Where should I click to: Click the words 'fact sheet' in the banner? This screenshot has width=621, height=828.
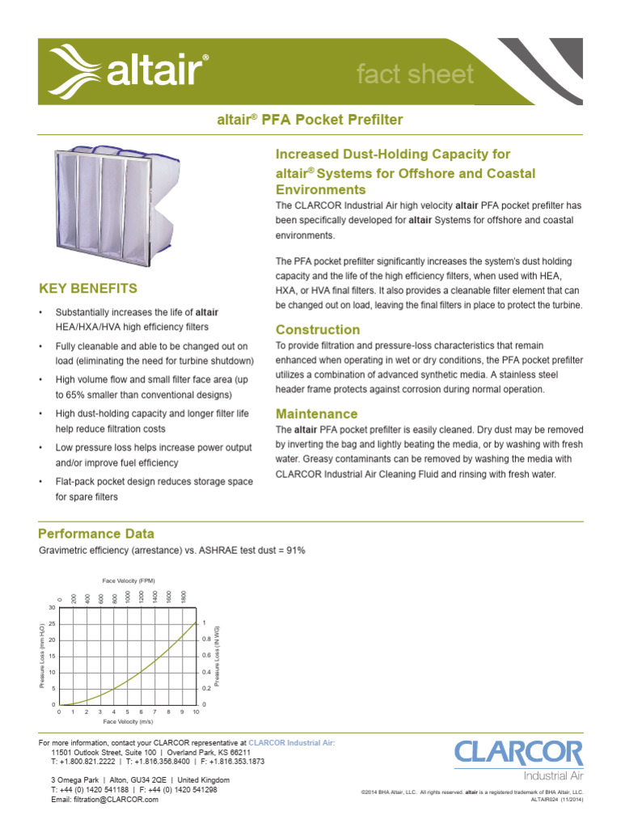tap(415, 74)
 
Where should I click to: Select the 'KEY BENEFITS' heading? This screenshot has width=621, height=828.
tap(88, 288)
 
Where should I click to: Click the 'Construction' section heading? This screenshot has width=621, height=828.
tap(318, 330)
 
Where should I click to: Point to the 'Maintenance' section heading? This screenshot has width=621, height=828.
tap(317, 413)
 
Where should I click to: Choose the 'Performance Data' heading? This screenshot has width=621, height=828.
tap(96, 534)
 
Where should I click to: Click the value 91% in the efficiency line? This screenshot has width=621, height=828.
tap(294, 551)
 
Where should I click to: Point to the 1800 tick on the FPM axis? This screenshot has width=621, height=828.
tap(184, 596)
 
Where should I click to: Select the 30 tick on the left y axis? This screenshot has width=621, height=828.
tap(52, 607)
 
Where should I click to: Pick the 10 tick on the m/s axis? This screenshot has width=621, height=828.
tap(196, 712)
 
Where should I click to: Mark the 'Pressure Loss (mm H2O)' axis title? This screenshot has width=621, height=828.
tap(42, 656)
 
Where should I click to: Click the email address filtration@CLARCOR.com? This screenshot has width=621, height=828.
tap(104, 799)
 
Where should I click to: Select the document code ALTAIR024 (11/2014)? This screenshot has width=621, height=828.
tap(556, 799)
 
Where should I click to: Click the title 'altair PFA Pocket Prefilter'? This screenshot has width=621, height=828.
tap(310, 120)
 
